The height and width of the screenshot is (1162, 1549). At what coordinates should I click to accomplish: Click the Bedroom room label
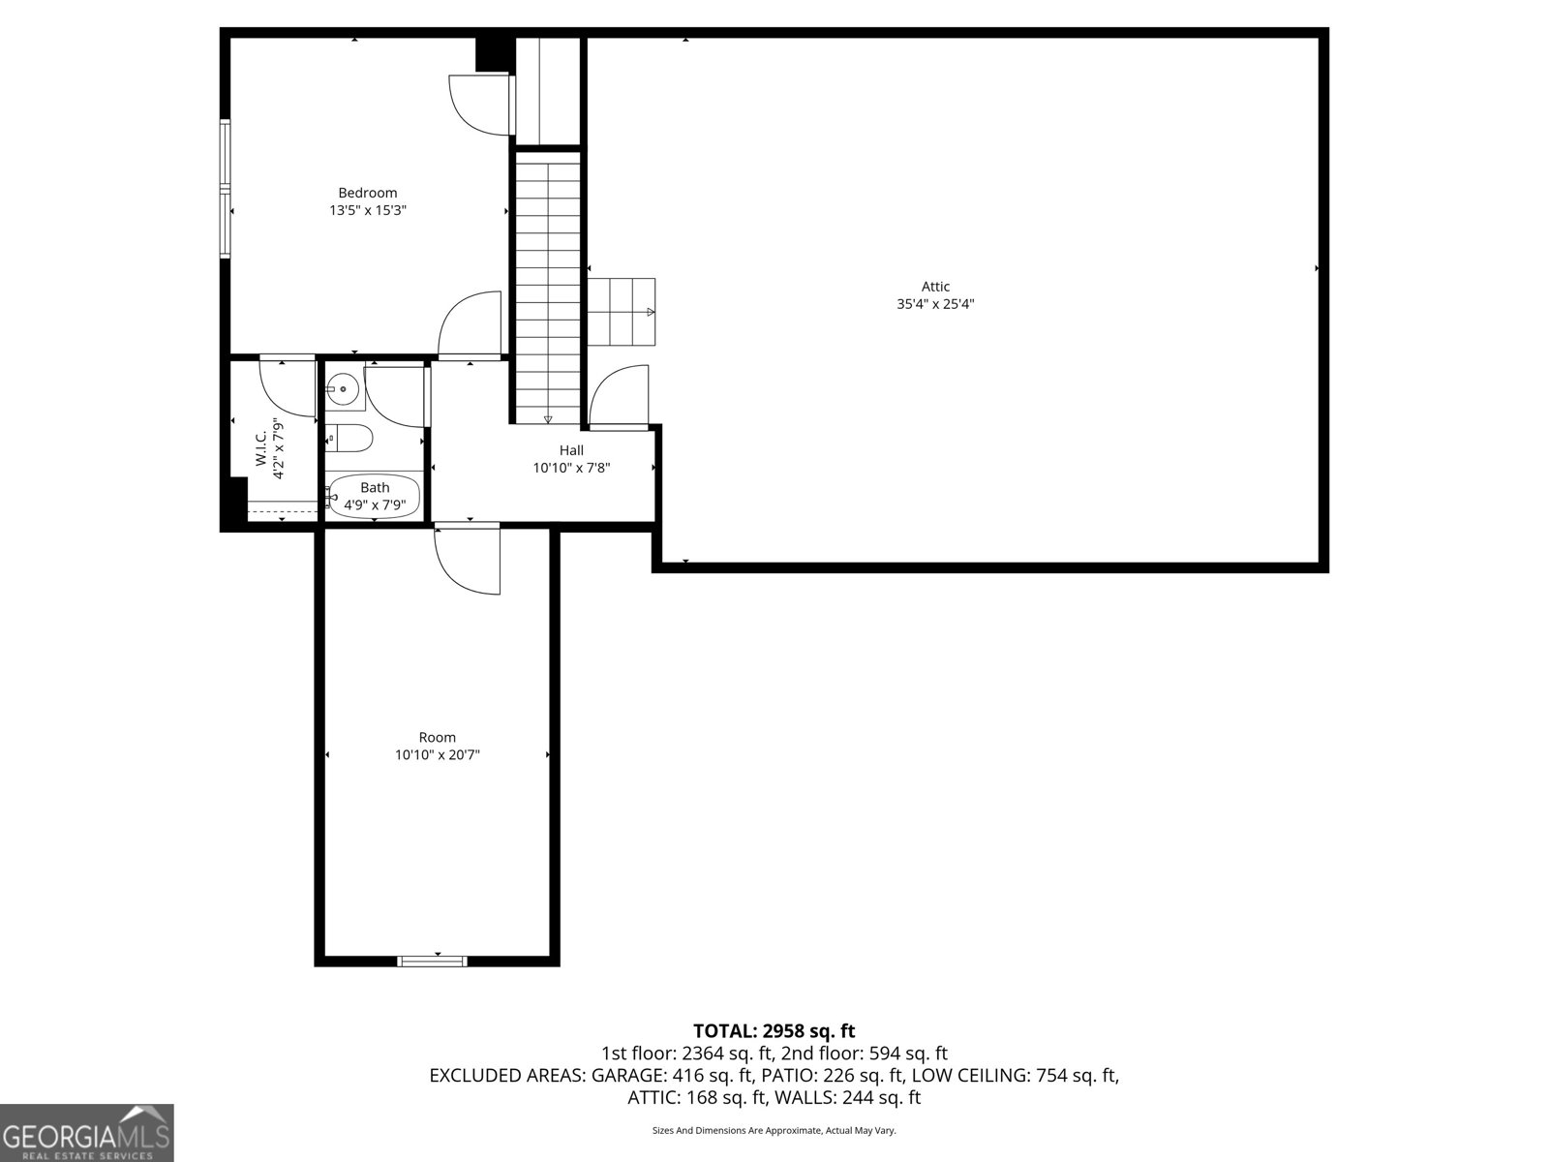pyautogui.click(x=367, y=193)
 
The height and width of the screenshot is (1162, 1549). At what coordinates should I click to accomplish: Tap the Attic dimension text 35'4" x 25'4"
pyautogui.click(x=934, y=304)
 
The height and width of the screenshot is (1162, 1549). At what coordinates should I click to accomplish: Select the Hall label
pyautogui.click(x=571, y=450)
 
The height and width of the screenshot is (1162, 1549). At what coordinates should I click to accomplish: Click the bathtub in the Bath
pyautogui.click(x=374, y=496)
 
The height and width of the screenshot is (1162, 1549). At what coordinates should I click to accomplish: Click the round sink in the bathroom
pyautogui.click(x=343, y=390)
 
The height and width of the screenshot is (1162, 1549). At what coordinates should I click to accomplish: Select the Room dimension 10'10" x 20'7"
pyautogui.click(x=437, y=754)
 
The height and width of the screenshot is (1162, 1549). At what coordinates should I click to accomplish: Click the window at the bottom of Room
pyautogui.click(x=432, y=961)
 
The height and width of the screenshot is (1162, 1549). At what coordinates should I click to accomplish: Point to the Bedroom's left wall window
pyautogui.click(x=225, y=188)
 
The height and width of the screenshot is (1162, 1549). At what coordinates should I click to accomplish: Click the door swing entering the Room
pyautogui.click(x=468, y=560)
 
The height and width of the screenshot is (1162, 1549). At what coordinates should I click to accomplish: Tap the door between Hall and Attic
pyautogui.click(x=619, y=396)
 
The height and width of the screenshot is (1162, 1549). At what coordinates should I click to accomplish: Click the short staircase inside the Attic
pyautogui.click(x=622, y=312)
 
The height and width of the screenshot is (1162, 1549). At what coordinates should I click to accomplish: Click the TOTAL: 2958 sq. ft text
pyautogui.click(x=774, y=1031)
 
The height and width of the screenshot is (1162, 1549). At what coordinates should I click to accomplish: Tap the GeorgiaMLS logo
pyautogui.click(x=86, y=1133)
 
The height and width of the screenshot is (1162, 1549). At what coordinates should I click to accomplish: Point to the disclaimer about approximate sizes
pyautogui.click(x=774, y=1130)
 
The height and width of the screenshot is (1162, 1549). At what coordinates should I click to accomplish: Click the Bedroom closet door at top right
pyautogui.click(x=480, y=104)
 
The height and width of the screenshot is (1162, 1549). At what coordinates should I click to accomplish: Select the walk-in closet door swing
pyautogui.click(x=289, y=387)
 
